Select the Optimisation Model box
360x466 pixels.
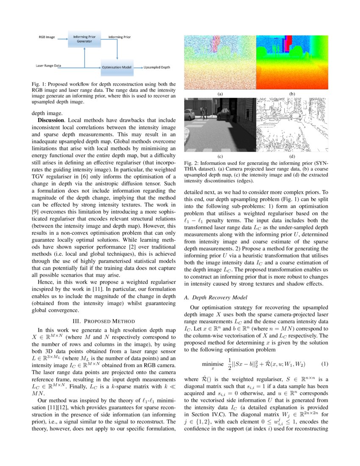pyautogui.click(x=116, y=67)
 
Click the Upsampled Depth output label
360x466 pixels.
pyautogui.click(x=157, y=67)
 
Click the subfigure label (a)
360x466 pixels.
pyautogui.click(x=220, y=93)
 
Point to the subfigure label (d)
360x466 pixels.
pyautogui.click(x=292, y=156)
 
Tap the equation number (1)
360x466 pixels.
pyautogui.click(x=325, y=364)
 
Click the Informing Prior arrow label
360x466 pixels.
pyautogui.click(x=119, y=37)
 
